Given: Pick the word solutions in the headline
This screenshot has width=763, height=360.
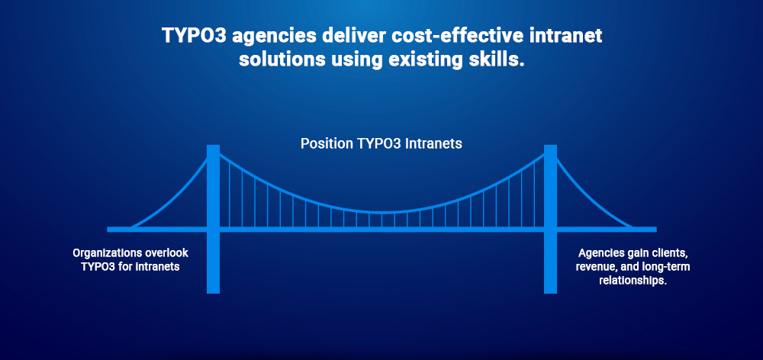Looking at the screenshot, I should tap(278, 60).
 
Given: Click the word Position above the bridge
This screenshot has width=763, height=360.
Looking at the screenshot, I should tap(326, 143).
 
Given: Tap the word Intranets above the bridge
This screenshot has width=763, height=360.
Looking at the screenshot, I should tap(430, 143).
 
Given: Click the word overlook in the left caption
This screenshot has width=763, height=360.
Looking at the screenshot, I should tap(166, 252).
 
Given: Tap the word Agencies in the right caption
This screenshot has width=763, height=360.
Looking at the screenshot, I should tap(600, 252).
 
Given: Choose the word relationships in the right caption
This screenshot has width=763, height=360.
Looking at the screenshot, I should tap(633, 280).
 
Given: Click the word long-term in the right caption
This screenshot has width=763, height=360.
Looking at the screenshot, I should tap(666, 266).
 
